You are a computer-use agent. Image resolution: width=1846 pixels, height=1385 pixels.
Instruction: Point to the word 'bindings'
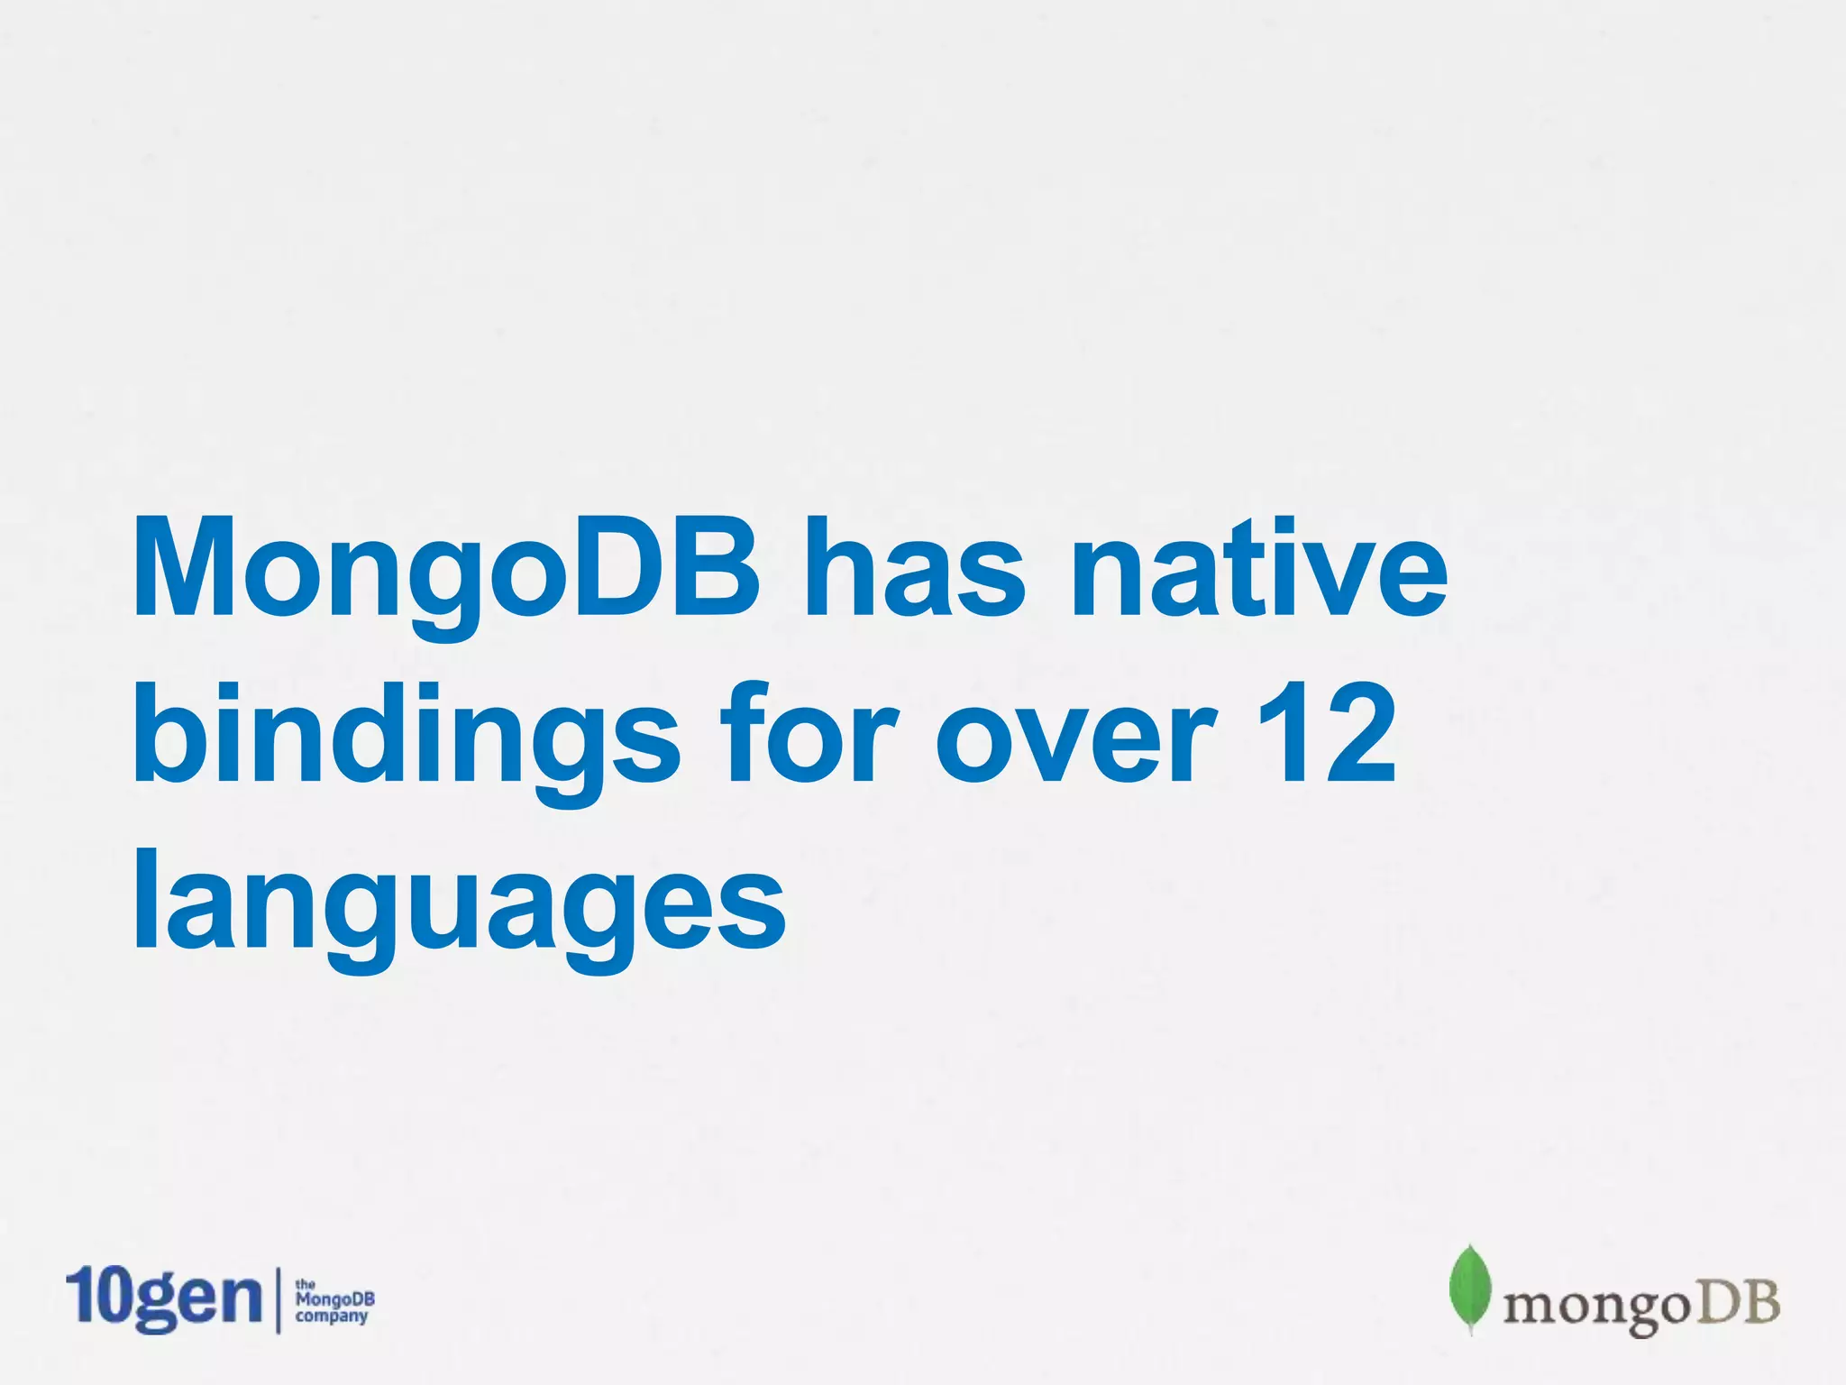pos(406,735)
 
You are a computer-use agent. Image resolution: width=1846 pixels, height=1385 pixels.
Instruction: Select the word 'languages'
pos(460,902)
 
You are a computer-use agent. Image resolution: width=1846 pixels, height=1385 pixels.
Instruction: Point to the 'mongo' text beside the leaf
pos(1595,1307)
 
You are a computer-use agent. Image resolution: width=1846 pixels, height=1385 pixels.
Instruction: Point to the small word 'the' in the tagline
pos(306,1283)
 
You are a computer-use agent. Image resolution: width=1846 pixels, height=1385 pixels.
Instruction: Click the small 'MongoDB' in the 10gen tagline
pos(334,1299)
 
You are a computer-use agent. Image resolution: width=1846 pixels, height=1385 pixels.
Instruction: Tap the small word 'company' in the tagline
pos(332,1316)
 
